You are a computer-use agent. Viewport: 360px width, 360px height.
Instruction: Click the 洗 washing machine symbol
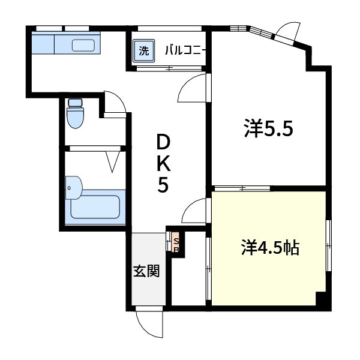pyautogui.click(x=143, y=51)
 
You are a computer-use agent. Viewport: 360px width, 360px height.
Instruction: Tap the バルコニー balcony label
pyautogui.click(x=186, y=51)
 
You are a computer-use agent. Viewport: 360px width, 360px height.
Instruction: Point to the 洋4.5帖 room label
pyautogui.click(x=270, y=247)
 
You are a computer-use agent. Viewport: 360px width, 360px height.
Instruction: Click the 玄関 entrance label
pyautogui.click(x=146, y=271)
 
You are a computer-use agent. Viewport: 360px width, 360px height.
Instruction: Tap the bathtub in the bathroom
pyautogui.click(x=96, y=207)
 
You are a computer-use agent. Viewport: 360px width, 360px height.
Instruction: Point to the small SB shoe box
pyautogui.click(x=176, y=243)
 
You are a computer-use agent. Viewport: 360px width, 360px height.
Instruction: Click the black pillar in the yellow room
pyautogui.click(x=322, y=301)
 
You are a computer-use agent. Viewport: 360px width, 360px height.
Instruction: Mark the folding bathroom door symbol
pyautogui.click(x=112, y=161)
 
